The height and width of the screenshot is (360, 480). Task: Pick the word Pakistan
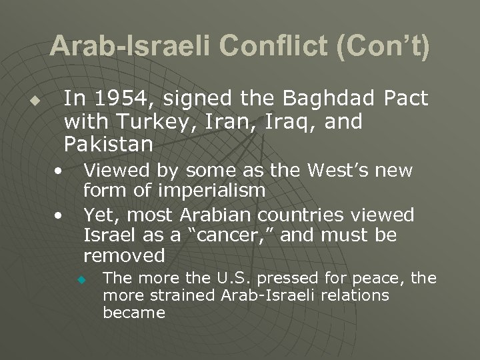tap(109, 143)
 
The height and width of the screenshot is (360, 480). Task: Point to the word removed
tap(123, 255)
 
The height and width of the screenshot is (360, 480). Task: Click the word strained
tap(179, 294)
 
